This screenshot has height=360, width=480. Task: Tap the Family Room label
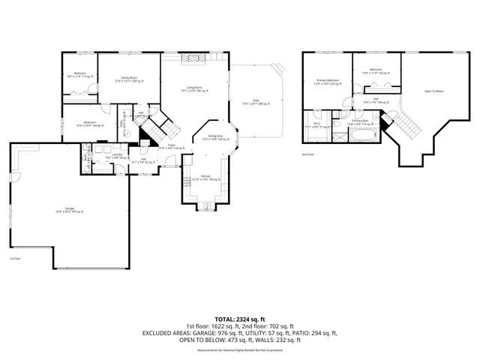click(129, 79)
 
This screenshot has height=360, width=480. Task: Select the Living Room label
click(193, 88)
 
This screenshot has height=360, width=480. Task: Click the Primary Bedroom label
click(328, 81)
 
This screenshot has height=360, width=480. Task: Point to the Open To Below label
click(433, 91)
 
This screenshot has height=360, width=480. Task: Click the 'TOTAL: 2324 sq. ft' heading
click(239, 318)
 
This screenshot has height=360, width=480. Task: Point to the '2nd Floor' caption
click(307, 154)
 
